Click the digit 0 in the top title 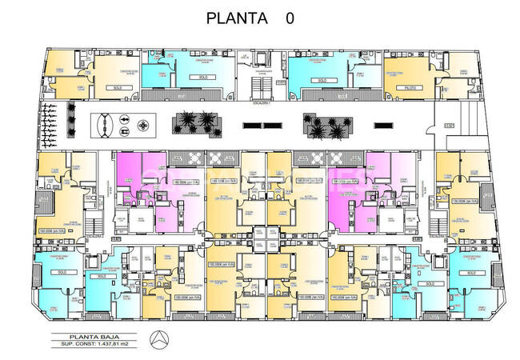289,18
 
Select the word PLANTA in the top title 236,18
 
